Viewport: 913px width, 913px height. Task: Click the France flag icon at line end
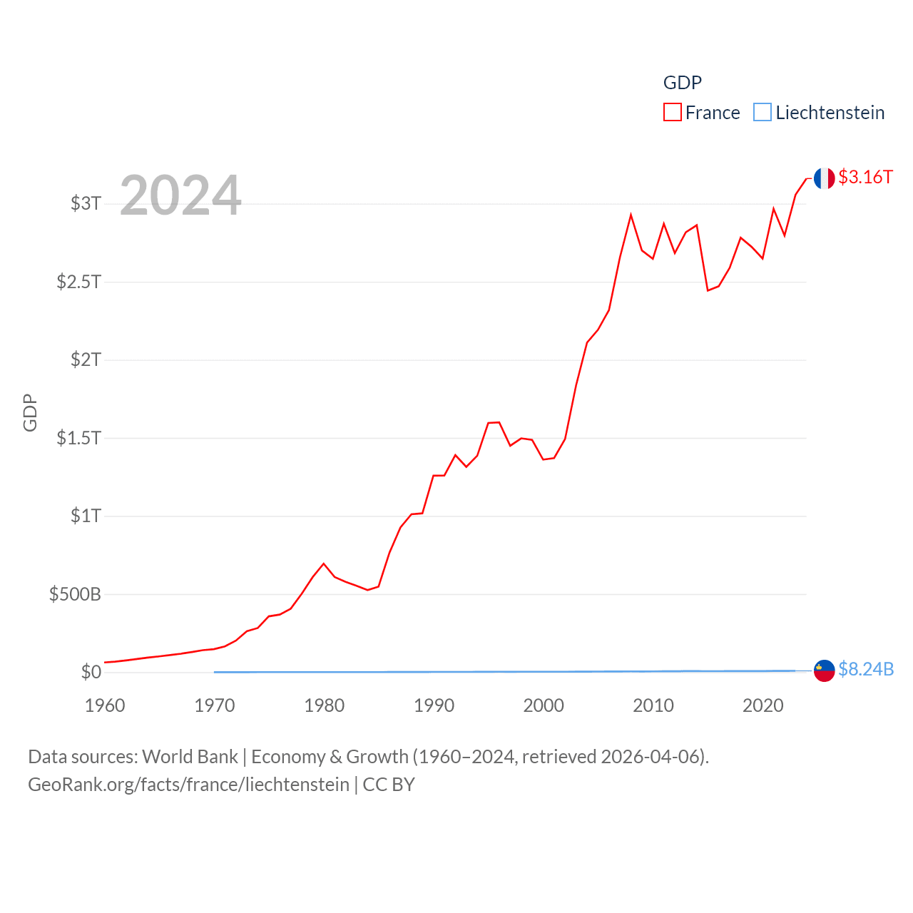coord(824,178)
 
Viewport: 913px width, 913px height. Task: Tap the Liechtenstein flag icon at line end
coord(824,670)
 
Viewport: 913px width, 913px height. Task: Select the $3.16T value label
coord(865,177)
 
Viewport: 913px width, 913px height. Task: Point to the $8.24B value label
coord(866,669)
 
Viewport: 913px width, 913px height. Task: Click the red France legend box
coord(672,113)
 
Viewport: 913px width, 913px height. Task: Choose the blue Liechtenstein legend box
coord(762,113)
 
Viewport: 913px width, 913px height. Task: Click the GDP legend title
coord(682,83)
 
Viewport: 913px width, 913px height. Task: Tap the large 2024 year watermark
coord(180,195)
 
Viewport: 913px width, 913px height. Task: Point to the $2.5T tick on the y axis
coord(78,282)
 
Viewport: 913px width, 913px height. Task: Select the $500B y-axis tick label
coord(75,594)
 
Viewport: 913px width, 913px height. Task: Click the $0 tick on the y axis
coord(91,672)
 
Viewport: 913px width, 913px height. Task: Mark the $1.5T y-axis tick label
coord(78,438)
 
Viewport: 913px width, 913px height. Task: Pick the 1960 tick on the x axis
coord(105,705)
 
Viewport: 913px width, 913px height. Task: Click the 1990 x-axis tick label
coord(434,705)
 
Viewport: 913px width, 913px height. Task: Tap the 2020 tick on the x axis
coord(762,705)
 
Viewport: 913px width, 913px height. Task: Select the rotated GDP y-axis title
coord(30,412)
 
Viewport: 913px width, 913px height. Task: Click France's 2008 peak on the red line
coord(631,215)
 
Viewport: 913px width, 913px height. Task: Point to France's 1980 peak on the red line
coord(324,563)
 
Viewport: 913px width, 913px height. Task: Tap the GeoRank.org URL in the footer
coord(188,785)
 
